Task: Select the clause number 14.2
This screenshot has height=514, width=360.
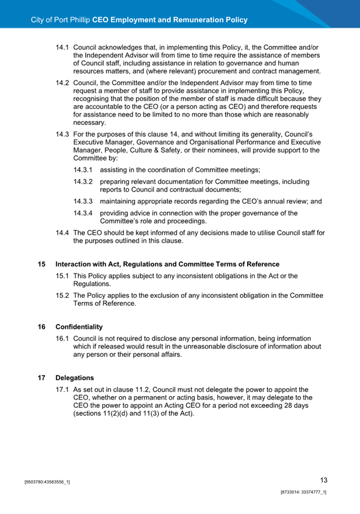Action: tap(62, 82)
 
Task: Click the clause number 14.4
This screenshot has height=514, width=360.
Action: tap(62, 232)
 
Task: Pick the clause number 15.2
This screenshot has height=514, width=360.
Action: tap(62, 295)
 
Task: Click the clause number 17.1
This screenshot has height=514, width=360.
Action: tap(62, 389)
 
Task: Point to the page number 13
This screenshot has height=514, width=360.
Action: tap(323, 480)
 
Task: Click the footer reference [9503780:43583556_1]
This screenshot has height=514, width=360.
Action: tap(47, 483)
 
